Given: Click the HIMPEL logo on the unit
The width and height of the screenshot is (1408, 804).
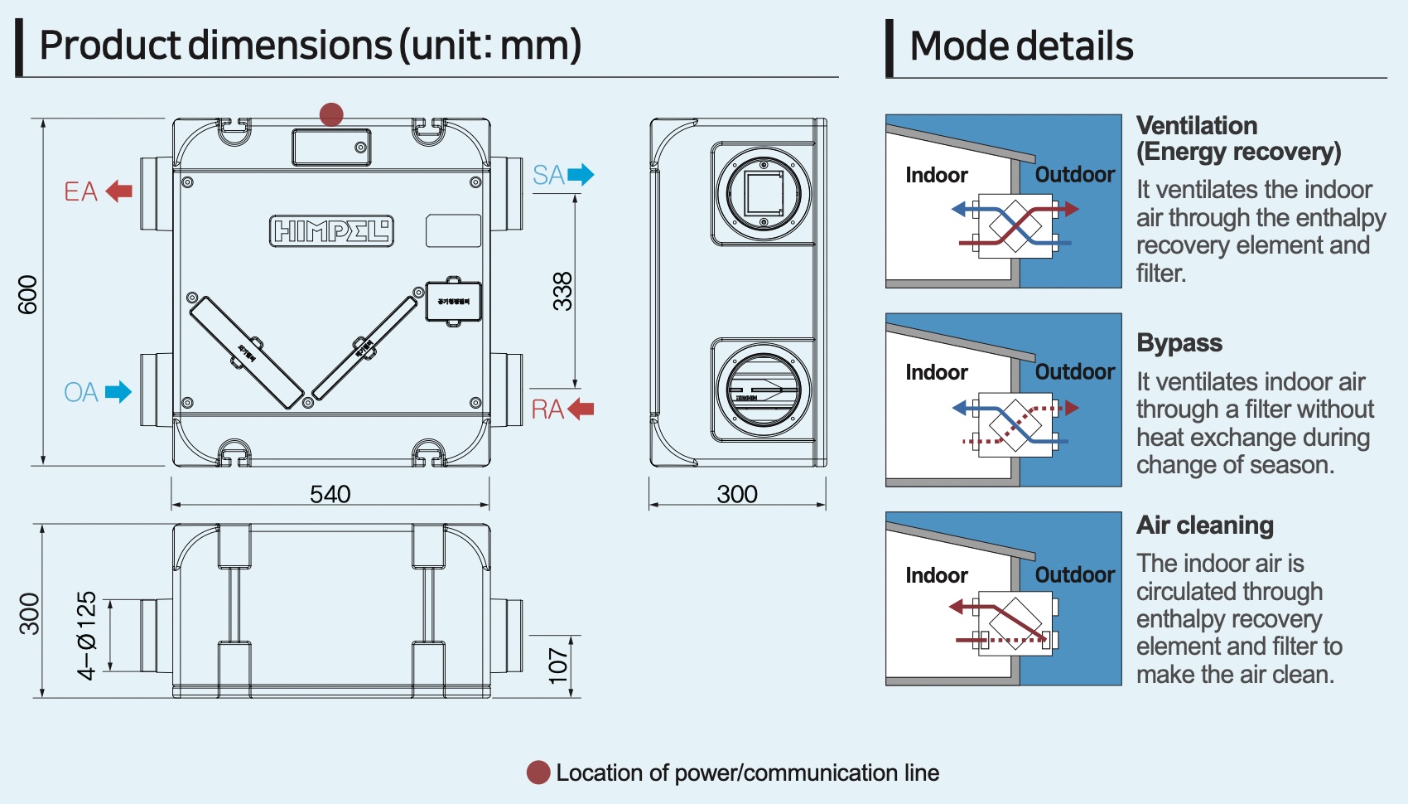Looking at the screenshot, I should pyautogui.click(x=331, y=231).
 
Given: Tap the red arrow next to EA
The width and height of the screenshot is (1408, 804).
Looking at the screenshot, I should pyautogui.click(x=119, y=191).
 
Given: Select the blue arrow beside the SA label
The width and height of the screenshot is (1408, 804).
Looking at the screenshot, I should pyautogui.click(x=581, y=175).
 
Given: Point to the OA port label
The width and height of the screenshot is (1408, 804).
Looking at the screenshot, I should pyautogui.click(x=81, y=392).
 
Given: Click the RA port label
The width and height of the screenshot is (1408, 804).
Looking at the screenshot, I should pyautogui.click(x=547, y=409).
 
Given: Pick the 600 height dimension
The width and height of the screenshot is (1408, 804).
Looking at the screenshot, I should pyautogui.click(x=28, y=294).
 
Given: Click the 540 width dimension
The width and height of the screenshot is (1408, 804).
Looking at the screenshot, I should pyautogui.click(x=330, y=494).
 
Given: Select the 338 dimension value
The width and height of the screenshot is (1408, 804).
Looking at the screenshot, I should pyautogui.click(x=562, y=291).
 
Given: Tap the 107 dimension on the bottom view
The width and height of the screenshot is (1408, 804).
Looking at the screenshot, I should pyautogui.click(x=559, y=666).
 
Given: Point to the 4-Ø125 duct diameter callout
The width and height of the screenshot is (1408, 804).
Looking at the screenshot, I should pyautogui.click(x=87, y=636).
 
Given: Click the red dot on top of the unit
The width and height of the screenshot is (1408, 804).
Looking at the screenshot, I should pyautogui.click(x=331, y=114).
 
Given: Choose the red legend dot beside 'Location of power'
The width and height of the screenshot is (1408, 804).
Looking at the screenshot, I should pyautogui.click(x=538, y=773).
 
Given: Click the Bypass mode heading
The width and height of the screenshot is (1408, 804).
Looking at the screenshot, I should pyautogui.click(x=1179, y=343).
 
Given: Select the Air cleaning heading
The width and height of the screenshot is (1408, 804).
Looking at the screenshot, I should pyautogui.click(x=1205, y=526).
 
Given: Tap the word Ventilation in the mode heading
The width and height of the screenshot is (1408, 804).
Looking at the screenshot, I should pyautogui.click(x=1197, y=126).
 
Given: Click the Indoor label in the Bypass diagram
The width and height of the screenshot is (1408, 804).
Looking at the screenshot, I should pyautogui.click(x=936, y=372).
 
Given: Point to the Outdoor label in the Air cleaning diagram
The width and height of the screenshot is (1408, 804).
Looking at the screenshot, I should pyautogui.click(x=1075, y=574).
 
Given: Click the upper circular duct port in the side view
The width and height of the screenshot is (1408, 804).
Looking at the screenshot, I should pyautogui.click(x=764, y=194).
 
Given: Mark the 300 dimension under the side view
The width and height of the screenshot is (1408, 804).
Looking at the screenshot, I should pyautogui.click(x=737, y=494).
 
